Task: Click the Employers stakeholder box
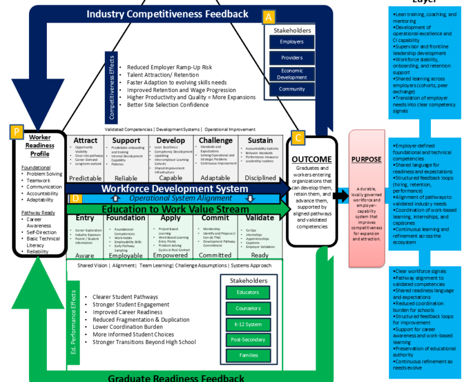coord(292,42)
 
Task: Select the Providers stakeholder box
coord(292,58)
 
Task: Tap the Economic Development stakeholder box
coord(292,74)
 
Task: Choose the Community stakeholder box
coord(292,89)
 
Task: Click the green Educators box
coord(247,292)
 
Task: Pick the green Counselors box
coord(247,308)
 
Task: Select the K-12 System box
coord(247,324)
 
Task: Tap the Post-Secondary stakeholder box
coord(247,340)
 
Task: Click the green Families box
coord(247,355)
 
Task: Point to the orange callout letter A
coord(269,17)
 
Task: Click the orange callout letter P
coord(17,132)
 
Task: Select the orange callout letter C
coord(299,137)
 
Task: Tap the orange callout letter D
coord(76,198)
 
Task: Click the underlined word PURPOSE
coord(366,159)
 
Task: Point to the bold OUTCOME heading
coord(312,160)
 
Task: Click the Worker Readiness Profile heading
coord(40,146)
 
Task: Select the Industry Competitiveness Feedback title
coord(167,13)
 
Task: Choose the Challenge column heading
coord(215,140)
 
